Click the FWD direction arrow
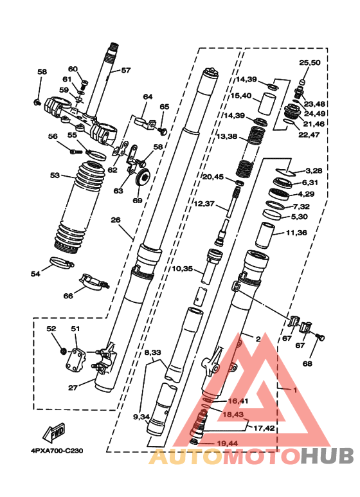click(x=54, y=432)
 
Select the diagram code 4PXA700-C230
click(x=57, y=451)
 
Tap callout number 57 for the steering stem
click(x=126, y=70)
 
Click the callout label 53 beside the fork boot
click(x=55, y=175)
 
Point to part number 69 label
click(x=138, y=201)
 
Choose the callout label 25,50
click(x=310, y=62)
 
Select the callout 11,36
click(x=296, y=233)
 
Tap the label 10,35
click(x=182, y=269)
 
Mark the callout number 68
click(x=307, y=363)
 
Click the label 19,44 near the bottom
click(x=227, y=444)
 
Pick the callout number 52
click(x=51, y=329)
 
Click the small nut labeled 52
click(x=64, y=351)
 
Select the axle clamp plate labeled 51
click(x=76, y=362)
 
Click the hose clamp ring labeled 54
click(x=62, y=262)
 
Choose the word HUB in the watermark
click(x=328, y=456)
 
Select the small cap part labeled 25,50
click(x=303, y=82)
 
